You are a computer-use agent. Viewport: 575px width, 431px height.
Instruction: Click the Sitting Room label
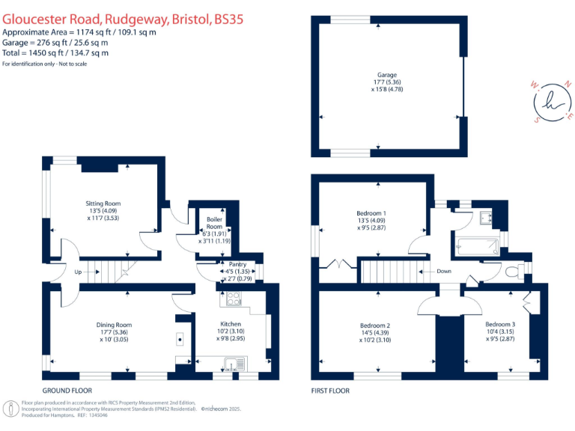pyautogui.click(x=103, y=203)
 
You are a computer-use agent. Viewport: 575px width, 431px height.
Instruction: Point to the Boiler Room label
pyautogui.click(x=215, y=223)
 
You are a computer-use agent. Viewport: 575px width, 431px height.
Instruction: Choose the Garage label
pyautogui.click(x=387, y=76)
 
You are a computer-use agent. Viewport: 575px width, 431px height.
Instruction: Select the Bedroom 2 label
pyautogui.click(x=375, y=325)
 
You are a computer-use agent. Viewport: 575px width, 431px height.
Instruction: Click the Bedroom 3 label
pyautogui.click(x=501, y=323)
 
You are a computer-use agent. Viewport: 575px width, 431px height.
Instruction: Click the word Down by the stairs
pyautogui.click(x=444, y=272)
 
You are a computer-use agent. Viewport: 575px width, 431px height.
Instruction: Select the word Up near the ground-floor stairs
pyautogui.click(x=79, y=272)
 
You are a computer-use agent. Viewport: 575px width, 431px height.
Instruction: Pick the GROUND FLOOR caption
pyautogui.click(x=67, y=391)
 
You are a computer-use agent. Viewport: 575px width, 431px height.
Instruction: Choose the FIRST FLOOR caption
pyautogui.click(x=330, y=391)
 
